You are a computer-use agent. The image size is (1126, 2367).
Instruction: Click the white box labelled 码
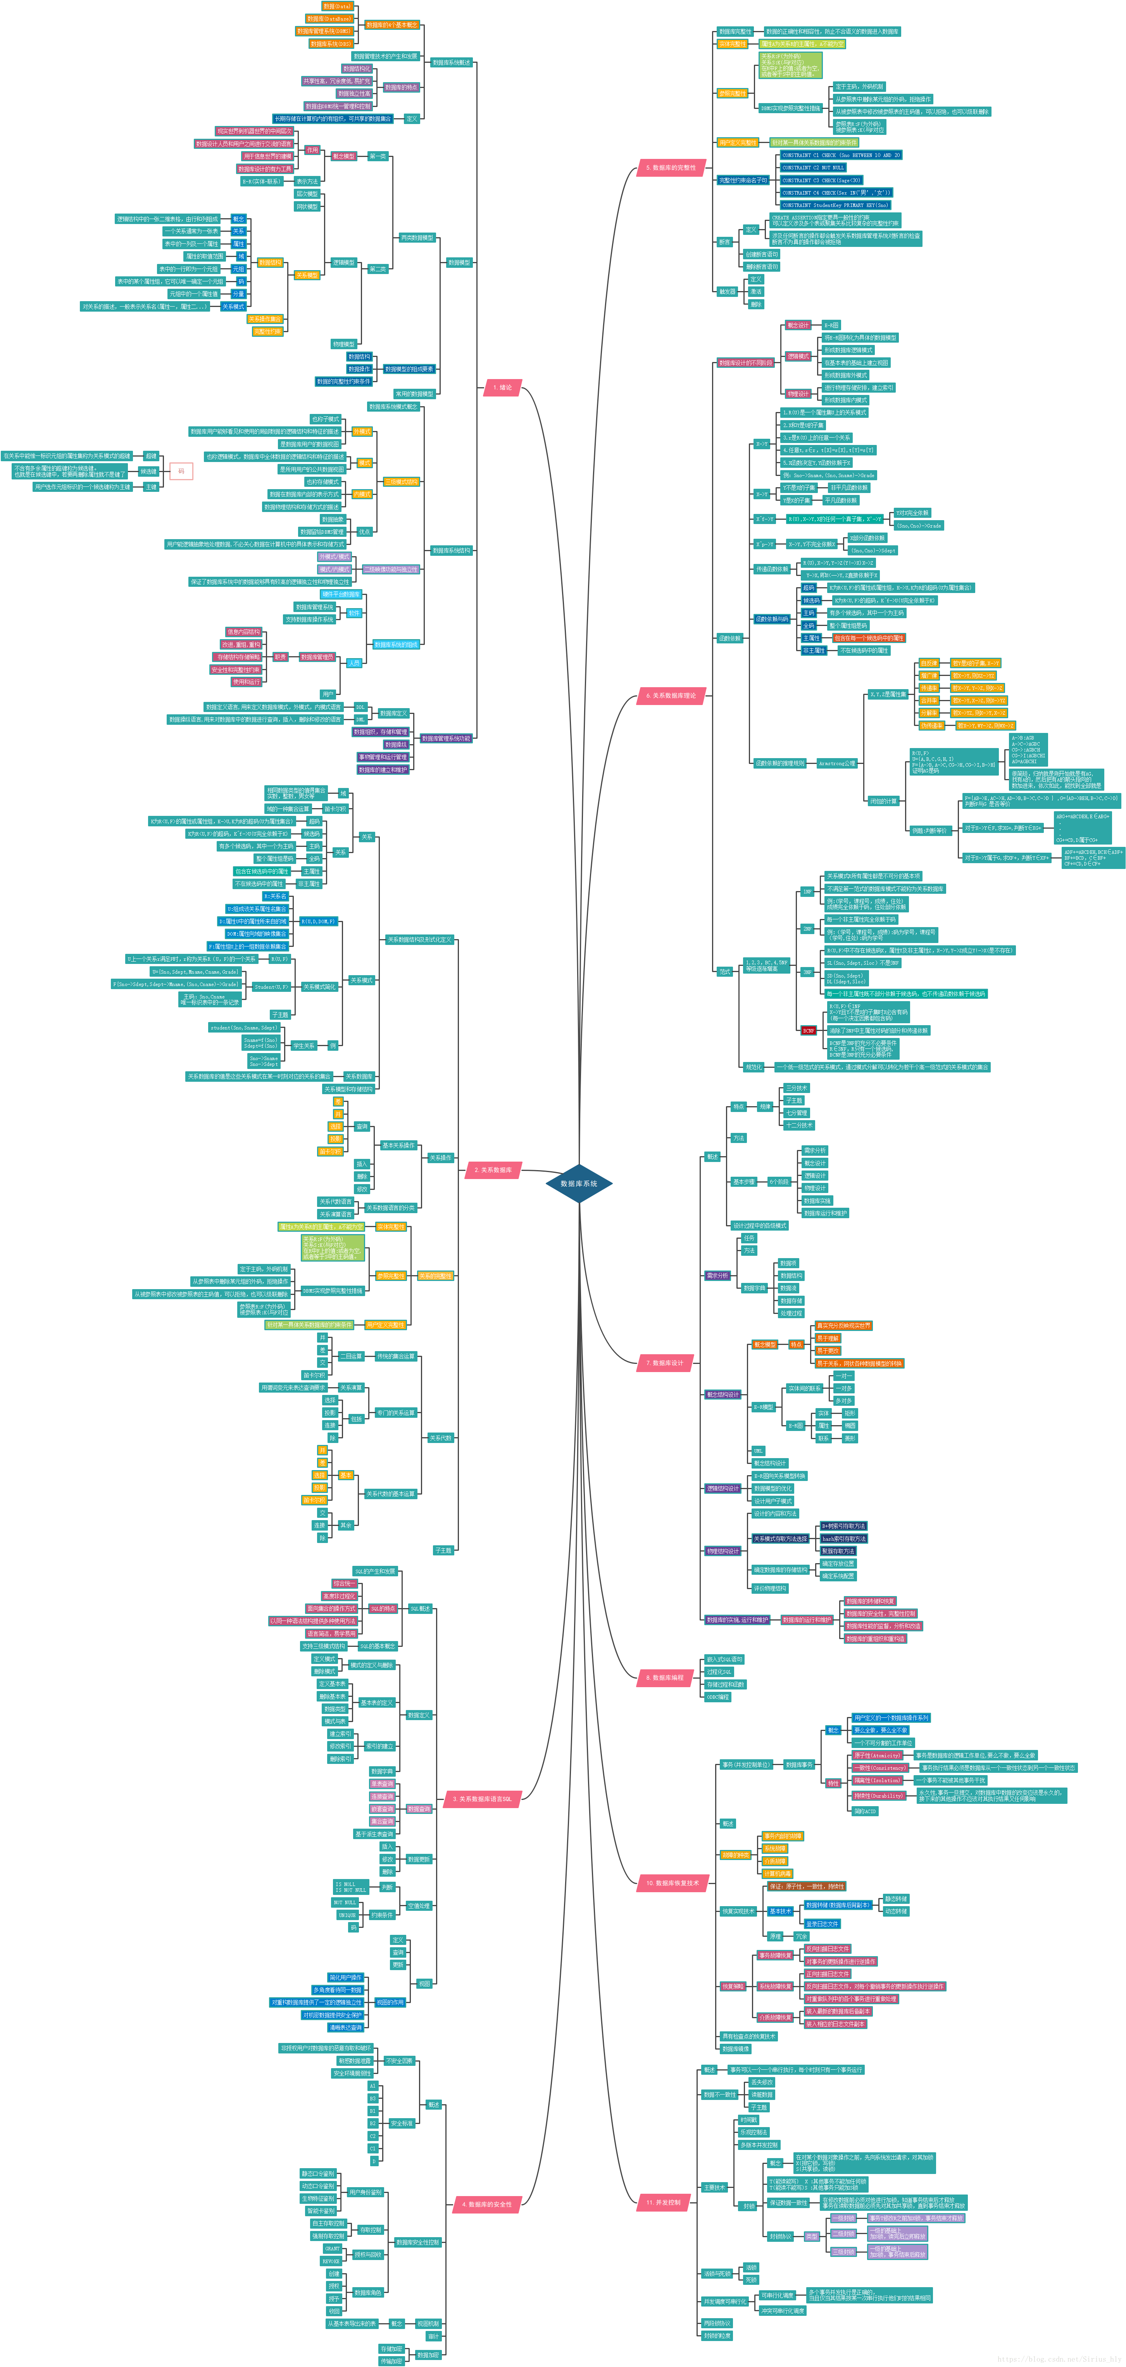(181, 471)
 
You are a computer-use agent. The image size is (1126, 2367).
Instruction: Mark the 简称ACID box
(865, 1811)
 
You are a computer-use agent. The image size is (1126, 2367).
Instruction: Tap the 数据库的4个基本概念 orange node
(391, 25)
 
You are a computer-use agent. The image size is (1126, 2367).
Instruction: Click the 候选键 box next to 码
(148, 471)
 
